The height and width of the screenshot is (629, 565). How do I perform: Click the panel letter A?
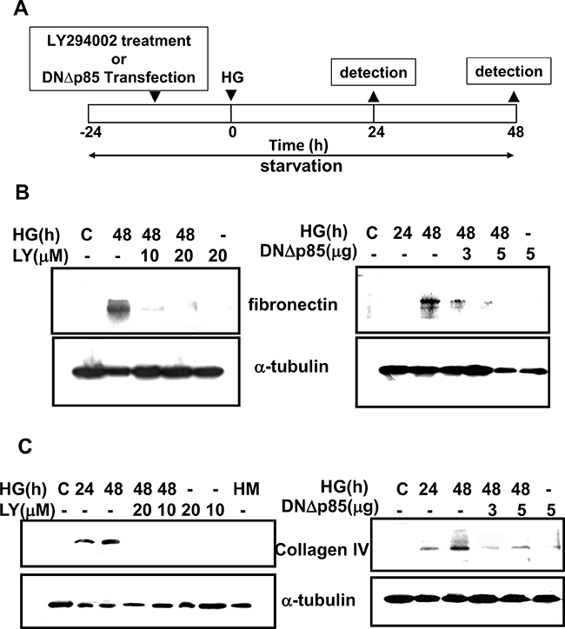pyautogui.click(x=21, y=9)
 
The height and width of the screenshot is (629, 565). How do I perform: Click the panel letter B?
pyautogui.click(x=22, y=192)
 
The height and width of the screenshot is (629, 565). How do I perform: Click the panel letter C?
pyautogui.click(x=25, y=446)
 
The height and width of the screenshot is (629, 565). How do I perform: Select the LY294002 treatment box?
pyautogui.click(x=119, y=58)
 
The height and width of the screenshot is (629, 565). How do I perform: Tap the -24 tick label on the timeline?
pyautogui.click(x=90, y=131)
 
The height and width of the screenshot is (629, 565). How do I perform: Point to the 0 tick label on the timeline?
pyautogui.click(x=232, y=131)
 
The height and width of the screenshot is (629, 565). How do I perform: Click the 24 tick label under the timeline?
pyautogui.click(x=376, y=131)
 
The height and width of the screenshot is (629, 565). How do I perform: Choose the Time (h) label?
pyautogui.click(x=298, y=146)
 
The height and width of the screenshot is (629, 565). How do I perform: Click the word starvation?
pyautogui.click(x=302, y=166)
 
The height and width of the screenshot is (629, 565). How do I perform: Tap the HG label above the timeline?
pyautogui.click(x=232, y=77)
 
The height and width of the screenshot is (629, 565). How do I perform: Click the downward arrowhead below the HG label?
pyautogui.click(x=230, y=96)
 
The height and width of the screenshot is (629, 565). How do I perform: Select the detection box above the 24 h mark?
pyautogui.click(x=373, y=72)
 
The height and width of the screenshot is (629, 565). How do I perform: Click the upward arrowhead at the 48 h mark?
pyautogui.click(x=514, y=96)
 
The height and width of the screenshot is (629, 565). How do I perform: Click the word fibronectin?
pyautogui.click(x=293, y=304)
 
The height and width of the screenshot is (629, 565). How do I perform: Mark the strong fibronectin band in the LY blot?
pyautogui.click(x=119, y=309)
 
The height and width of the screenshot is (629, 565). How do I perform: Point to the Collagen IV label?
pyautogui.click(x=322, y=550)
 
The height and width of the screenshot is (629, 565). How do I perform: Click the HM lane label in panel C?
pyautogui.click(x=246, y=489)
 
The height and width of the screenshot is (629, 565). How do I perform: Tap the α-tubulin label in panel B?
pyautogui.click(x=291, y=367)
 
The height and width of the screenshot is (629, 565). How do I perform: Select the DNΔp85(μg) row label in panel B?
pyautogui.click(x=309, y=252)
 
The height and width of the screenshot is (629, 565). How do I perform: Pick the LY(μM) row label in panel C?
pyautogui.click(x=27, y=510)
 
